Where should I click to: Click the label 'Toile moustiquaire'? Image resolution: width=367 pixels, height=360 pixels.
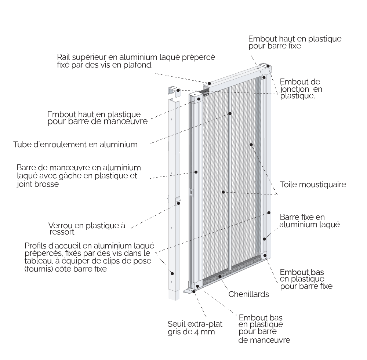tap(313, 184)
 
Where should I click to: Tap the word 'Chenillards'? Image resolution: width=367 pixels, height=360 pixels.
tap(248, 294)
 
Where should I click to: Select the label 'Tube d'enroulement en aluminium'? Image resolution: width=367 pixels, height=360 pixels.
tap(75, 145)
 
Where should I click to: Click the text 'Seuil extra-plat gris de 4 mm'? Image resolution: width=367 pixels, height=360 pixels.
tap(195, 328)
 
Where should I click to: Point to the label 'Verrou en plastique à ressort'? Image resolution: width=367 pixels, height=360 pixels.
tap(87, 228)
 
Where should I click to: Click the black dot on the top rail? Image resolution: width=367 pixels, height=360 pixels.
tap(209, 83)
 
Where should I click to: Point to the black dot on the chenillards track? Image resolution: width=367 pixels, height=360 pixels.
tap(220, 276)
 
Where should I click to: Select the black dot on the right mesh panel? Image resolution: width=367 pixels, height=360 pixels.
tap(251, 145)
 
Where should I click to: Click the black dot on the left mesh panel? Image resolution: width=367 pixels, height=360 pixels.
tap(223, 192)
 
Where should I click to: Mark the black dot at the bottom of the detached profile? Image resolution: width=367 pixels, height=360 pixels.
tap(172, 273)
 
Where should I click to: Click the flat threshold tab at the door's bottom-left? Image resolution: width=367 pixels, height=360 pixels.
tap(189, 291)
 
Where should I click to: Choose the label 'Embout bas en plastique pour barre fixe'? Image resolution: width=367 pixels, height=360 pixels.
tap(306, 279)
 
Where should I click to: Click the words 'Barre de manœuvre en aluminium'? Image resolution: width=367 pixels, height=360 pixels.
tap(79, 168)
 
